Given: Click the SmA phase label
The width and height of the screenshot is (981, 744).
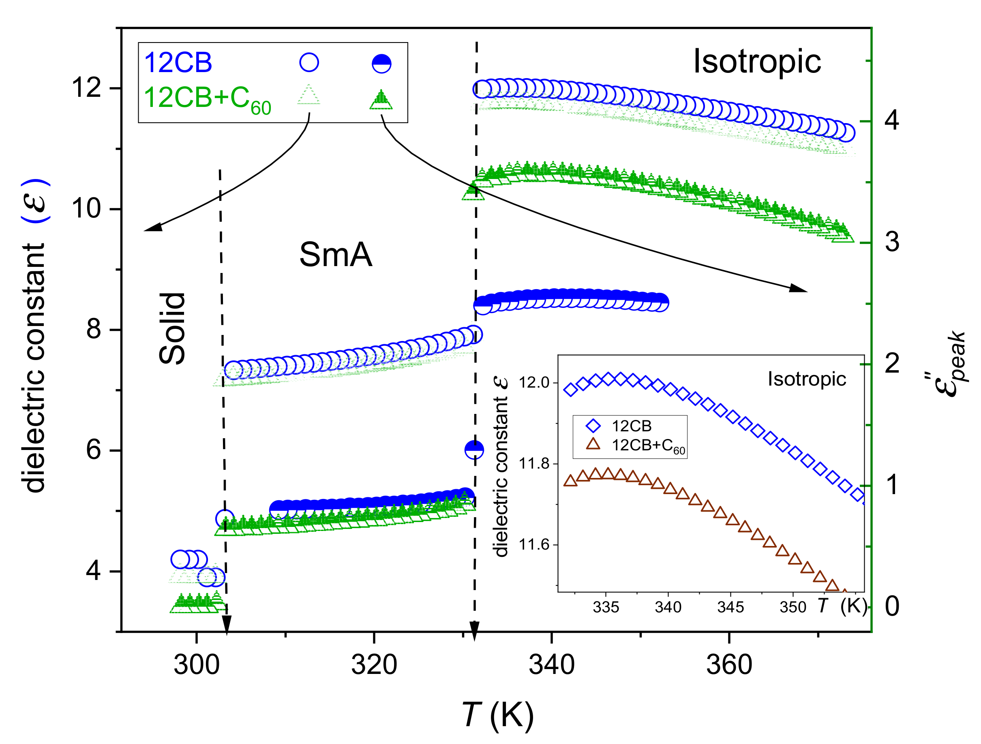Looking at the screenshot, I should click(x=336, y=255).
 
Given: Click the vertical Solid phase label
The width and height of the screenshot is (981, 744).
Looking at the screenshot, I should click(x=172, y=328).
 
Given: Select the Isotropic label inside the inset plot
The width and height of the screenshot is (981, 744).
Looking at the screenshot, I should click(x=807, y=379).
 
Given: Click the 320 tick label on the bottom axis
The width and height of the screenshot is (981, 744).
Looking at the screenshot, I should click(x=374, y=665).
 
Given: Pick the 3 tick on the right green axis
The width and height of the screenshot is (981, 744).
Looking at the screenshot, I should click(x=892, y=242).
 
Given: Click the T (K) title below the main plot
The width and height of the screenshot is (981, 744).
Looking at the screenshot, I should click(x=498, y=714).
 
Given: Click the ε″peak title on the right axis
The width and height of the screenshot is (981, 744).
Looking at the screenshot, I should click(x=949, y=363).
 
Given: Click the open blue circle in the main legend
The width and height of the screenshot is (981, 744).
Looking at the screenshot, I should click(x=309, y=62).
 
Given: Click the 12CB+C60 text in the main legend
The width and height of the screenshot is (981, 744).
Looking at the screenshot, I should click(x=207, y=98).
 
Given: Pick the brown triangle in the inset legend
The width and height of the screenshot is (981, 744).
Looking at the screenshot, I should click(x=593, y=444).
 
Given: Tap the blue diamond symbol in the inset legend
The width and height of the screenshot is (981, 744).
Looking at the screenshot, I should click(x=593, y=426).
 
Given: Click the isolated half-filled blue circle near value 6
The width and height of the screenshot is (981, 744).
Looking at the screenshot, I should click(x=474, y=450).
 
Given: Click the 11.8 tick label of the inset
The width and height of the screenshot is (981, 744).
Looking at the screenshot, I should click(x=534, y=464).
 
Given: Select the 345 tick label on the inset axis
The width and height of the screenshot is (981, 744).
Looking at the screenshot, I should click(x=730, y=607).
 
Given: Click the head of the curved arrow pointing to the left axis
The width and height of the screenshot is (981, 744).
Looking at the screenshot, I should click(x=152, y=228).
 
